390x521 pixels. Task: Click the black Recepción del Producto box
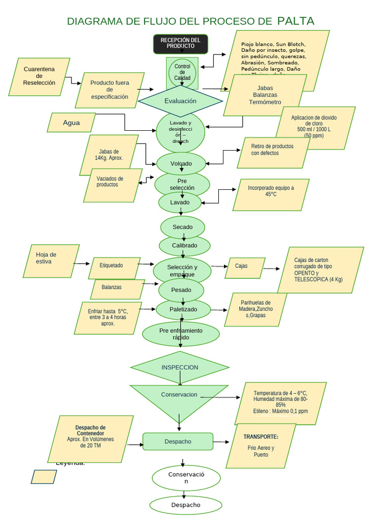181,44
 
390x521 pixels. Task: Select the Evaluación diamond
180,101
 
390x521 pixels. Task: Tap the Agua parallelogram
72,123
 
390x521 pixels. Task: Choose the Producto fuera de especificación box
110,90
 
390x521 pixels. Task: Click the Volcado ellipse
181,163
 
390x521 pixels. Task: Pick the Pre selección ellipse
182,184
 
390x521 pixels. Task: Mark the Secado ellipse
183,227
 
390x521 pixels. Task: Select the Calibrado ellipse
184,245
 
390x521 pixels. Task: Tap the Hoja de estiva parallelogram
51,260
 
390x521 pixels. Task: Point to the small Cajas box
245,268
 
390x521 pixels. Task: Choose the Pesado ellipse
181,290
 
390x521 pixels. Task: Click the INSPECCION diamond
180,367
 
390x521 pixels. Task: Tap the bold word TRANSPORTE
261,437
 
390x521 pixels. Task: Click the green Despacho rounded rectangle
178,441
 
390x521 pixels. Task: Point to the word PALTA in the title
296,21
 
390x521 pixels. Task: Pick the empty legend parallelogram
44,477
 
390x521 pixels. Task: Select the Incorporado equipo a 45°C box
271,194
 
